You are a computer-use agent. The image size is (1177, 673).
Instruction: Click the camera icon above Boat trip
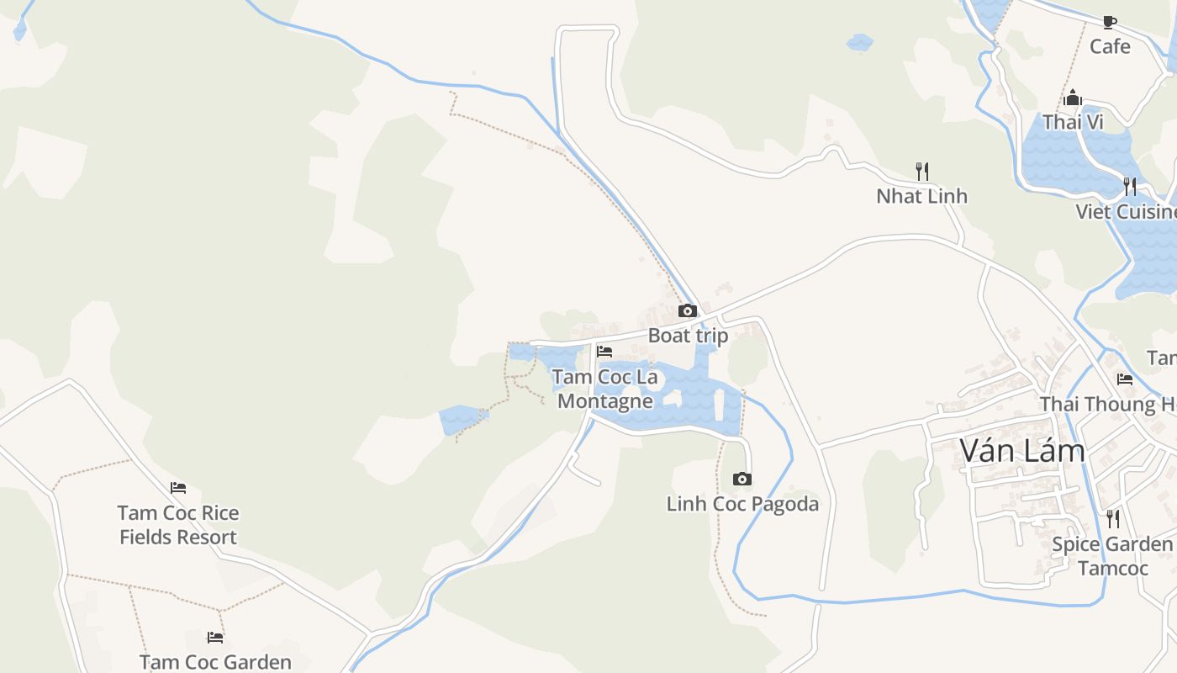[688, 311]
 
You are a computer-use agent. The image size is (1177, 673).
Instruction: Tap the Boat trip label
[688, 336]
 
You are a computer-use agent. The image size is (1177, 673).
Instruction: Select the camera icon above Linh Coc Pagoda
[742, 480]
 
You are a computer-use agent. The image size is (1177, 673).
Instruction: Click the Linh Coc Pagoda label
[742, 504]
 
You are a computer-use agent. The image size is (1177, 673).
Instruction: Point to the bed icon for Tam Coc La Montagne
[604, 352]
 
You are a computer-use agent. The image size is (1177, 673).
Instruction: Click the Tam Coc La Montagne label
[605, 389]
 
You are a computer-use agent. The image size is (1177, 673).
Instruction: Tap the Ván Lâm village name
[1022, 452]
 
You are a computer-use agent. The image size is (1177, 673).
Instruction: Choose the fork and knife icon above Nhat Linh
[922, 172]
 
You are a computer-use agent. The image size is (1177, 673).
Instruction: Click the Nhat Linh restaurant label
[921, 196]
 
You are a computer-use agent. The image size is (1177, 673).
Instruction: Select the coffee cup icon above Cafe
[1110, 22]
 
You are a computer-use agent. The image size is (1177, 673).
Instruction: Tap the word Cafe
[1110, 46]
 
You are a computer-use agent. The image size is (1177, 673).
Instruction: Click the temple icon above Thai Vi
[1073, 98]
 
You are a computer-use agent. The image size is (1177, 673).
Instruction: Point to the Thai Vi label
[1073, 123]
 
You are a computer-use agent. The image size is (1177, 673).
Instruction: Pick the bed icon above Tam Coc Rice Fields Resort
[177, 488]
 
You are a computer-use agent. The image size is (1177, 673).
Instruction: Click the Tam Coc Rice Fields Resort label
[178, 525]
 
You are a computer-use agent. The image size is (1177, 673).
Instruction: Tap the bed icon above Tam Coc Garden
[215, 638]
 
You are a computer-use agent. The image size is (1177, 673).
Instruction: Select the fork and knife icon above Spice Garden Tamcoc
[1113, 519]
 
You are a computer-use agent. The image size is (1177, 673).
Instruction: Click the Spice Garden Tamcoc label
[1112, 556]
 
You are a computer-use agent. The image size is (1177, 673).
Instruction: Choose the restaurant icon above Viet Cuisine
[1130, 187]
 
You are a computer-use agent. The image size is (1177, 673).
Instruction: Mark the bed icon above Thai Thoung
[1125, 379]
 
